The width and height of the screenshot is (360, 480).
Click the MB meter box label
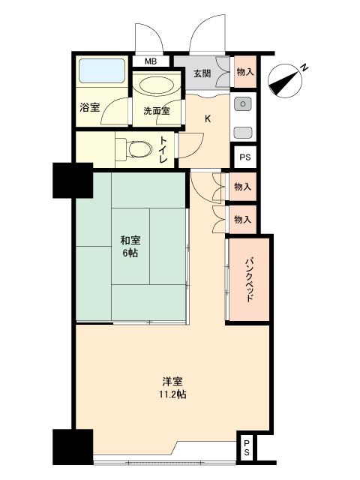[151, 61]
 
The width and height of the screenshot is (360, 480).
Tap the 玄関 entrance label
[202, 73]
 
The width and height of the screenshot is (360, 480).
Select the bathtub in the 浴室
[102, 70]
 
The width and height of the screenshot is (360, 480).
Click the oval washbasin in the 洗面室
[157, 85]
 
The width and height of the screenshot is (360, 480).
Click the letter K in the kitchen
[208, 118]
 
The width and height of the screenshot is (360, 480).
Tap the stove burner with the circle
[243, 103]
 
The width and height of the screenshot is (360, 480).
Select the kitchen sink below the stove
[243, 133]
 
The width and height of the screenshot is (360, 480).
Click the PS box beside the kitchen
[245, 157]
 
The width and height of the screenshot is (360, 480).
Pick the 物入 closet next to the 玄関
[245, 72]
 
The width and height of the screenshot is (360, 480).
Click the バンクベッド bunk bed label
[250, 280]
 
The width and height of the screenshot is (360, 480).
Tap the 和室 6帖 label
[130, 247]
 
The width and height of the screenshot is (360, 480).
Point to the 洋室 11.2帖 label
[172, 388]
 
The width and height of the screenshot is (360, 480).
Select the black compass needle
[283, 82]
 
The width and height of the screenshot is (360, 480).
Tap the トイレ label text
[163, 150]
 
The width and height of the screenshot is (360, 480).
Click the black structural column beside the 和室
[73, 181]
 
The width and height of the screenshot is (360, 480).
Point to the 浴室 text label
[90, 107]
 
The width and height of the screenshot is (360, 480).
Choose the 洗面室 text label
[157, 111]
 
